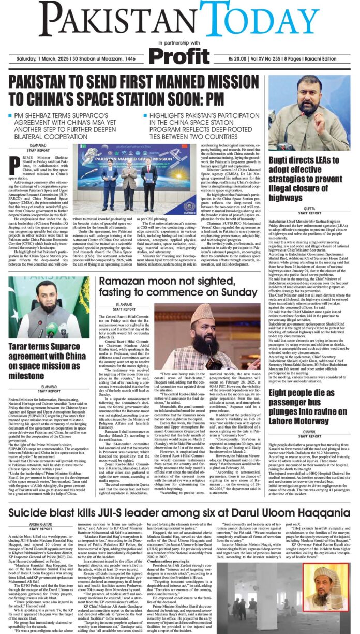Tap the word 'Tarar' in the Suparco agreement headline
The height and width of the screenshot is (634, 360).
(x=22, y=345)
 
